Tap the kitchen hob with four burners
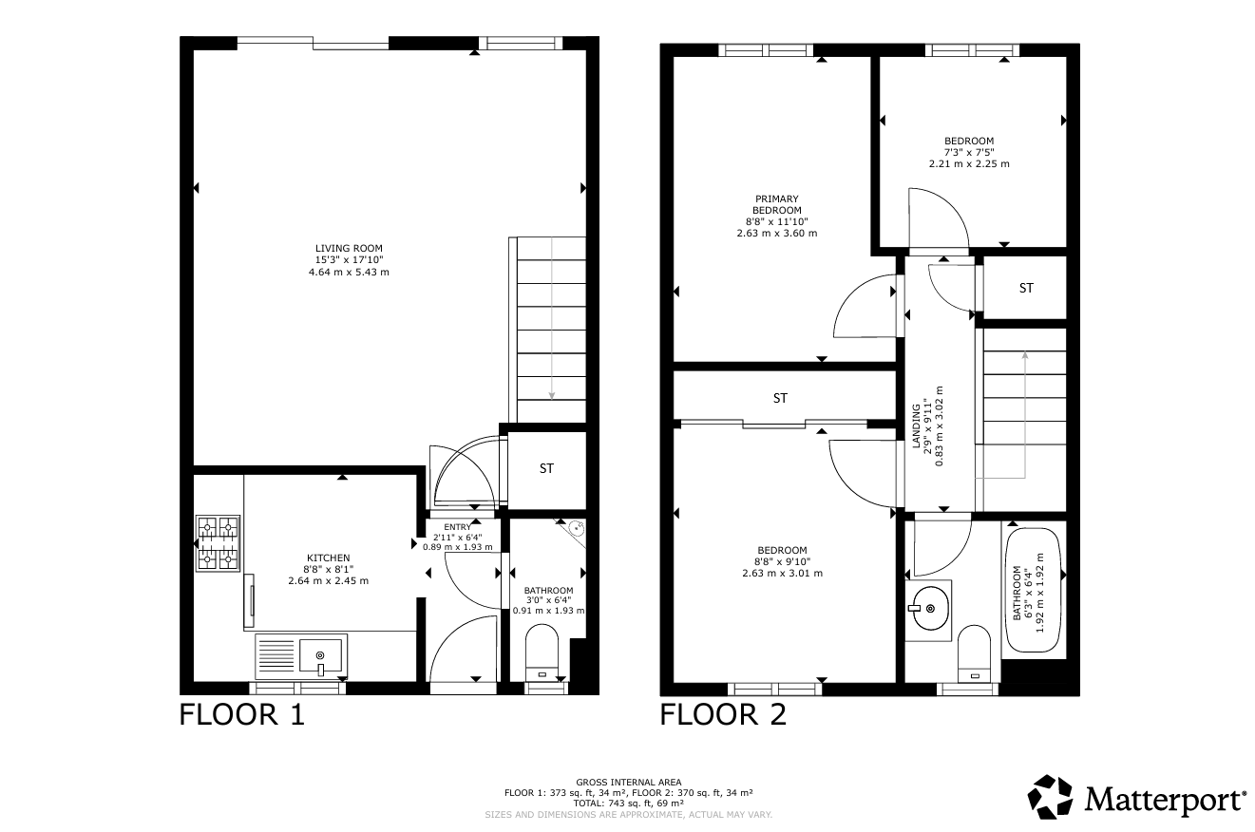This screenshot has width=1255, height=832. pyautogui.click(x=218, y=543)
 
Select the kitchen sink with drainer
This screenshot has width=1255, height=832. pyautogui.click(x=301, y=655)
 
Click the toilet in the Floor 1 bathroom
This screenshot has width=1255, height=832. pyautogui.click(x=542, y=652)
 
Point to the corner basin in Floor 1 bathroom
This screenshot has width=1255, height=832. pyautogui.click(x=574, y=530)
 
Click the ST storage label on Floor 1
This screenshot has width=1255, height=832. pyautogui.click(x=546, y=468)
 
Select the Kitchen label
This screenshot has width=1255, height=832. pyautogui.click(x=329, y=558)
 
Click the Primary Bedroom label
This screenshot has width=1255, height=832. pyautogui.click(x=776, y=204)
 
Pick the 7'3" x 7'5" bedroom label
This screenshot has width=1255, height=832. pyautogui.click(x=969, y=152)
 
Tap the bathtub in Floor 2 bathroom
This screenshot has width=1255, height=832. pyautogui.click(x=1034, y=590)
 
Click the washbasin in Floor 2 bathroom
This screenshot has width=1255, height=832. pyautogui.click(x=928, y=609)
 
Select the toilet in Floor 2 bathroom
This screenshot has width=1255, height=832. pyautogui.click(x=975, y=653)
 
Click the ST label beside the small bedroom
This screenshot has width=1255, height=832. pyautogui.click(x=1026, y=288)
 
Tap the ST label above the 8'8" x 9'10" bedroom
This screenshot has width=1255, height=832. pyautogui.click(x=780, y=398)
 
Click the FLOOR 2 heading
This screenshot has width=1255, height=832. pyautogui.click(x=723, y=715)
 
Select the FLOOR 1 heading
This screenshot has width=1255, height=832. pyautogui.click(x=241, y=715)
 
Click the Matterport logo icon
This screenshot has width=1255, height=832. pyautogui.click(x=1050, y=797)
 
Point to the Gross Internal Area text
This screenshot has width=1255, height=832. pyautogui.click(x=629, y=782)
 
